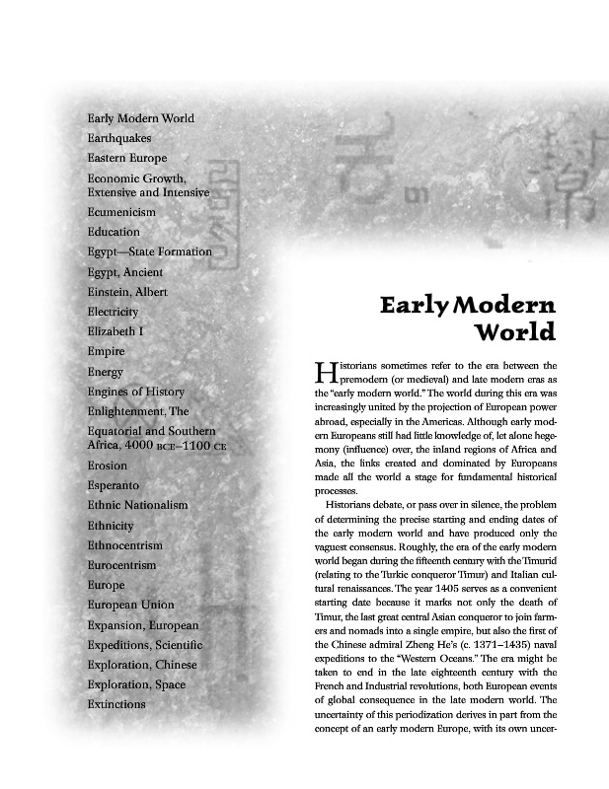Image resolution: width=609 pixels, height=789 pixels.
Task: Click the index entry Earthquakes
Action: pos(118,138)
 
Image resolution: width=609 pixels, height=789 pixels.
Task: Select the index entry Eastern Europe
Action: pos(126,158)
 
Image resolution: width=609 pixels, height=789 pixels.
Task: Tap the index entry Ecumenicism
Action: pos(121,212)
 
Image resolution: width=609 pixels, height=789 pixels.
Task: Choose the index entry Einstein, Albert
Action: pos(127,292)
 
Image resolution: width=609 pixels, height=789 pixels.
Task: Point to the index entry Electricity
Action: pos(113,312)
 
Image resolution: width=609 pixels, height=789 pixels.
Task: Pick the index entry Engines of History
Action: pos(135,392)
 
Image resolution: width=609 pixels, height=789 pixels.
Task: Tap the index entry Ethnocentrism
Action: pos(124,545)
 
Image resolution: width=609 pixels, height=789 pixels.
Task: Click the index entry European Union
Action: pos(130,605)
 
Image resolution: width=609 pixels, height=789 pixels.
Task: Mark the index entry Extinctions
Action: pos(116,704)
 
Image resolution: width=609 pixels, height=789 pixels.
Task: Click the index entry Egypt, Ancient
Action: pos(124,272)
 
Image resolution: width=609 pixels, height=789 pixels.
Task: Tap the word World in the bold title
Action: pos(515,332)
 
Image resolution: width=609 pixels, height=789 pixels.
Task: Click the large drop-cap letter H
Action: pos(325,372)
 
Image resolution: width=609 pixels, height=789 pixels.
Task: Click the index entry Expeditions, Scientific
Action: pos(144,645)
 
